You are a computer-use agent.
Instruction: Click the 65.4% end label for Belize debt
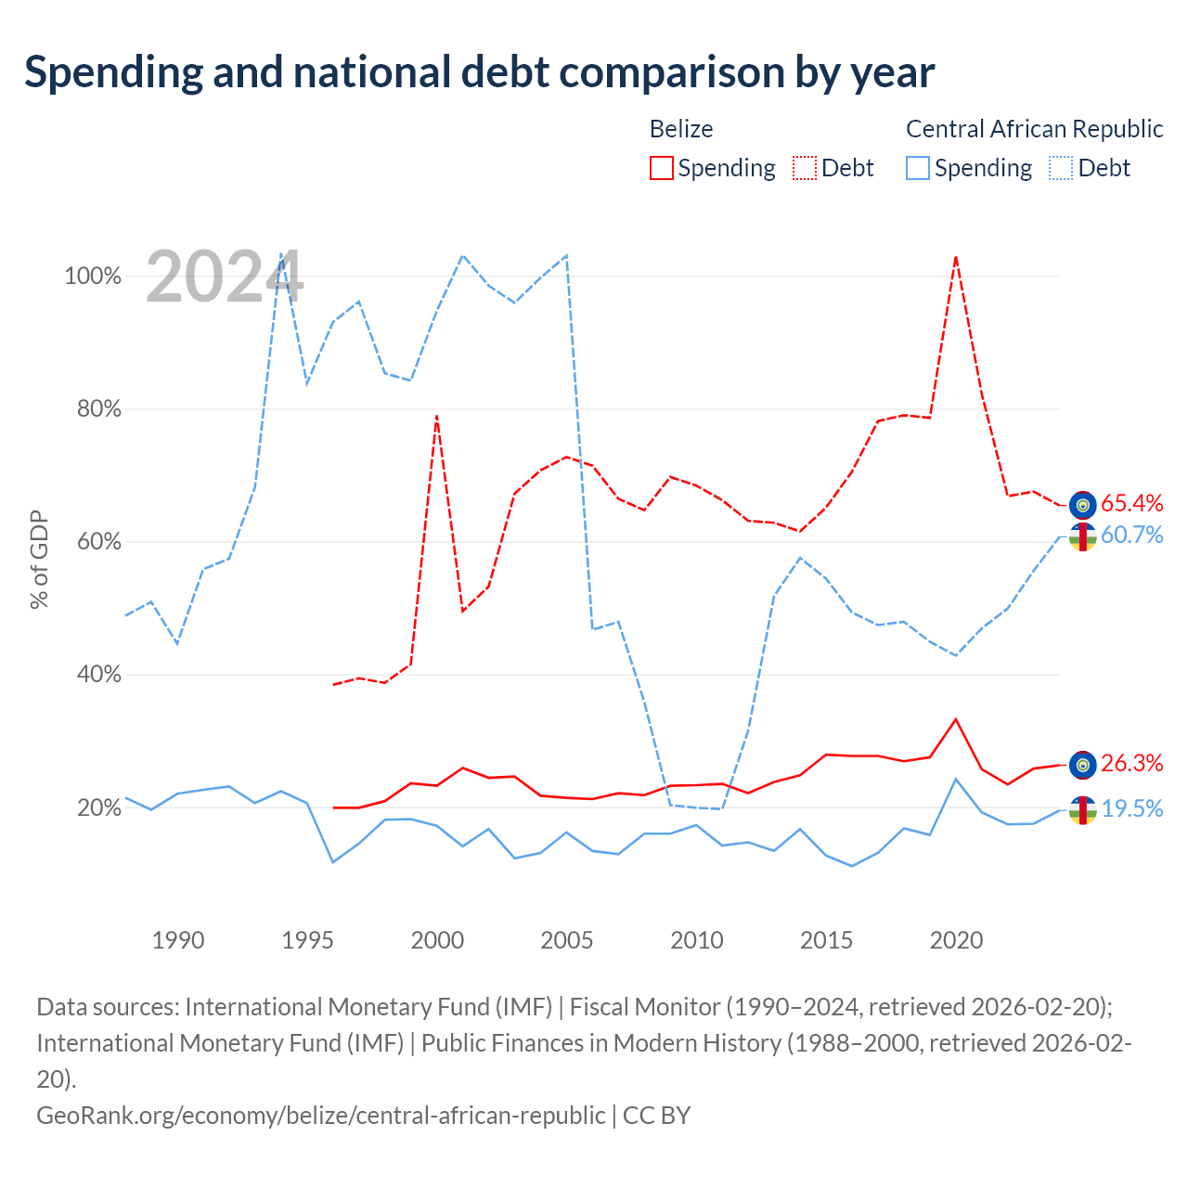[x=1131, y=503]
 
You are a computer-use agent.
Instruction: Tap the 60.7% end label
[x=1131, y=535]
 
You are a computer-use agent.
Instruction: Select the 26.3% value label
[x=1131, y=763]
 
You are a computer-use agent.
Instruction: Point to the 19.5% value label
[x=1131, y=808]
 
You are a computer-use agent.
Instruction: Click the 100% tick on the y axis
[x=93, y=276]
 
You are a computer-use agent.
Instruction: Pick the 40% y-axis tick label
[x=98, y=674]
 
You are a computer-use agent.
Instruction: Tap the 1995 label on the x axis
[x=307, y=940]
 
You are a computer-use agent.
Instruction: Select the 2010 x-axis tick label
[x=697, y=940]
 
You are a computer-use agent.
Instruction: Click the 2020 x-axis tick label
[x=956, y=940]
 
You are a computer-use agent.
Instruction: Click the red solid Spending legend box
[x=661, y=168]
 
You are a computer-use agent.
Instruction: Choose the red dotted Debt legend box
[x=805, y=168]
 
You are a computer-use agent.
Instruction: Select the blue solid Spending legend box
[x=917, y=168]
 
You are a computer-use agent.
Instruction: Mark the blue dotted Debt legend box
[x=1061, y=168]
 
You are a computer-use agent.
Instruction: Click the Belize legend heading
[x=681, y=129]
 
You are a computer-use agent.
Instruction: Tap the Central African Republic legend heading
[x=1035, y=129]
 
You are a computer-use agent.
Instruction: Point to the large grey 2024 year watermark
[x=225, y=277]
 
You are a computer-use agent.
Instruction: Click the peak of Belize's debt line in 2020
[x=956, y=257]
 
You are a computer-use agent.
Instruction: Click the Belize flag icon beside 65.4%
[x=1082, y=505]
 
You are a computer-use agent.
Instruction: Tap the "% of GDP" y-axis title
[x=39, y=559]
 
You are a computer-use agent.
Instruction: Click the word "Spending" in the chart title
[x=113, y=73]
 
